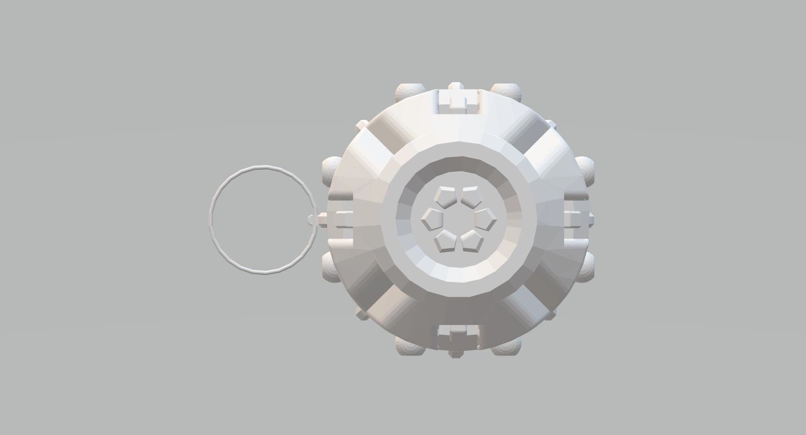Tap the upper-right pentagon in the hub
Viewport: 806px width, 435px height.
[x=471, y=196]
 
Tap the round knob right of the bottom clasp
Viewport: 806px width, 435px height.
[x=507, y=347]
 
